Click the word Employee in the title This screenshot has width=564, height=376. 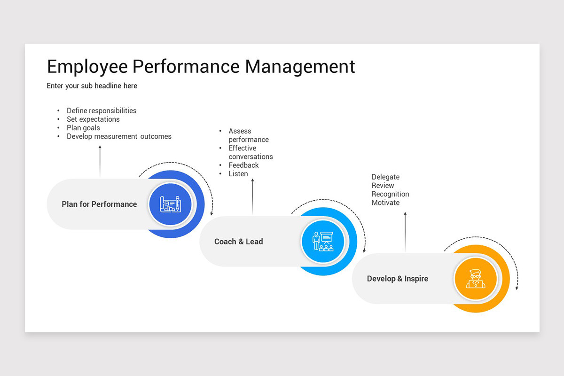(x=87, y=67)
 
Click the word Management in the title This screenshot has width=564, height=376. (x=300, y=67)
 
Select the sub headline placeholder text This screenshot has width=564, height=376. (x=92, y=86)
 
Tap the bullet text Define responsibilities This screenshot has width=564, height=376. (x=102, y=111)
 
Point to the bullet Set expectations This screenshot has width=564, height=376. (x=93, y=119)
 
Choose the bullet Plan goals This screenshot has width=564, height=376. (x=83, y=128)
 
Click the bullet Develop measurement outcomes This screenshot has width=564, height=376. (x=119, y=137)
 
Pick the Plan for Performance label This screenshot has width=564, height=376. (x=99, y=204)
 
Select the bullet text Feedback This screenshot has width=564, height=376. (x=243, y=165)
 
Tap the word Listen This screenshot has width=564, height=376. (x=238, y=174)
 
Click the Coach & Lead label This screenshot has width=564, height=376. (x=239, y=242)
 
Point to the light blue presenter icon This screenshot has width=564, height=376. (x=323, y=242)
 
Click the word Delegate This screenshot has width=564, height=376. (x=385, y=177)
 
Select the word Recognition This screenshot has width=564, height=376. (x=390, y=194)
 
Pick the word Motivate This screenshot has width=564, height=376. (x=385, y=203)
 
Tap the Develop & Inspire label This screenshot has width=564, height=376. (x=398, y=279)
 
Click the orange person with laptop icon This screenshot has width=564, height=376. (x=476, y=279)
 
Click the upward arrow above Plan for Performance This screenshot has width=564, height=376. (x=100, y=161)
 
